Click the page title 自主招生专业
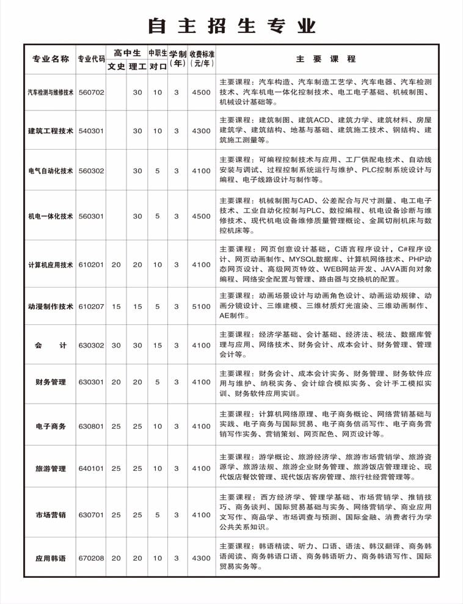(231, 26)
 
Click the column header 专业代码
(91, 59)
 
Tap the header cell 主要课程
(326, 59)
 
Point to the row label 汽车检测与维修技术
(51, 93)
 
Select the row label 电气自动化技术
(51, 171)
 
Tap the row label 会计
(51, 346)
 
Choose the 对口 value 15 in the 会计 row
(158, 346)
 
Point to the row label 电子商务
(51, 426)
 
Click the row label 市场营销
(51, 515)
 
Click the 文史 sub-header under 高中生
(116, 67)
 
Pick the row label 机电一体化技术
(51, 216)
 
